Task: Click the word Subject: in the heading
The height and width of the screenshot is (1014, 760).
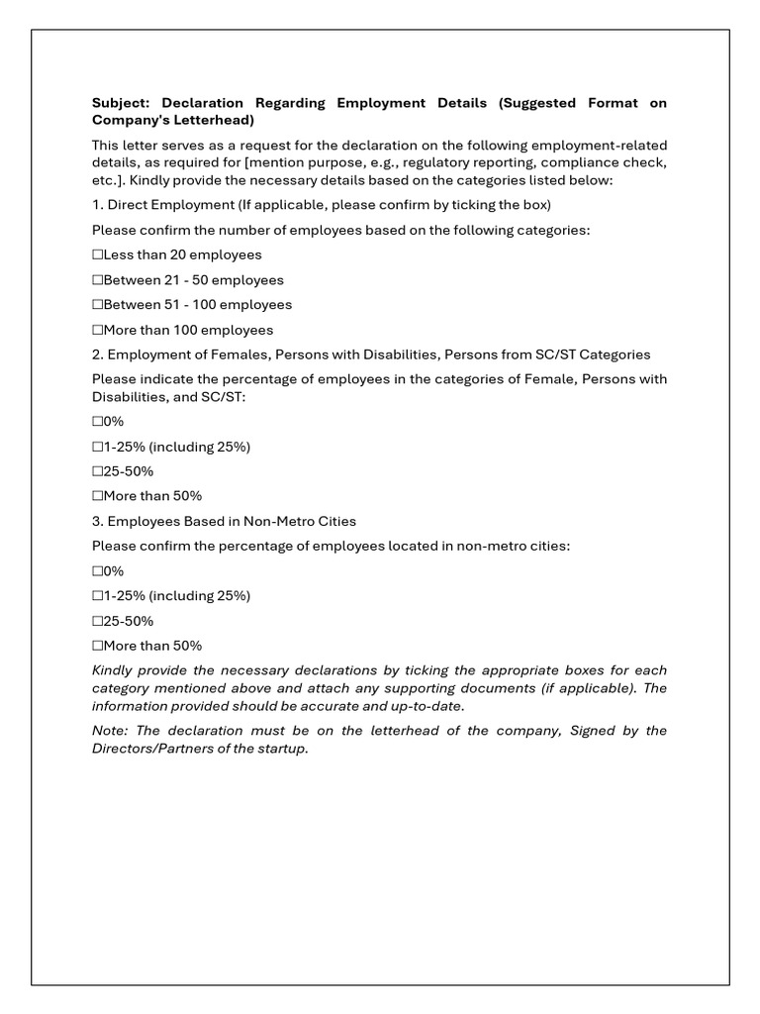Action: point(121,103)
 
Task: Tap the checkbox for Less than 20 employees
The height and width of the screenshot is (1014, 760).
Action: point(98,255)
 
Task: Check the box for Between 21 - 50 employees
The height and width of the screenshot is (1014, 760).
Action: point(98,280)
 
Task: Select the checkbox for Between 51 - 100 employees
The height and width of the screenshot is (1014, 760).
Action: point(98,305)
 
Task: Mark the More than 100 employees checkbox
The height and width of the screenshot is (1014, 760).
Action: point(98,330)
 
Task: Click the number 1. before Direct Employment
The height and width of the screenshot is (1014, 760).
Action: point(97,205)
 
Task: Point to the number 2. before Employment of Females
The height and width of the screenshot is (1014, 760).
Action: point(97,355)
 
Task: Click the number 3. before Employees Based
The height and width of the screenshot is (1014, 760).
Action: point(97,521)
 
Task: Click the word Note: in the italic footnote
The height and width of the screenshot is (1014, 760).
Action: point(112,731)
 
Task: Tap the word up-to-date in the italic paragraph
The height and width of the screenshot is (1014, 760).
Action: point(427,706)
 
